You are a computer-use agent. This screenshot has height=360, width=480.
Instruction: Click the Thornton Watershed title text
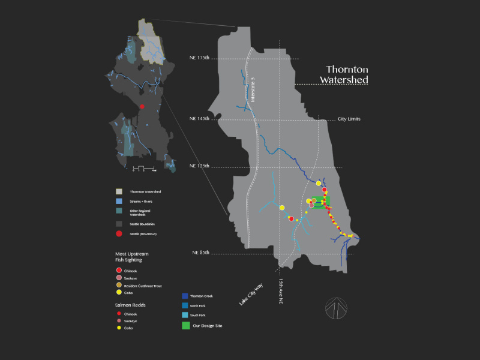pyautogui.click(x=347, y=74)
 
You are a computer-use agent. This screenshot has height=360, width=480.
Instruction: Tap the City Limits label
pyautogui.click(x=349, y=119)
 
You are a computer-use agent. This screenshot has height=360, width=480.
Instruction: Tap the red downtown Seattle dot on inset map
pyautogui.click(x=142, y=106)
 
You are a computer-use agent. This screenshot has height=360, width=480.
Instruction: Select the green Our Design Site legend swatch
pyautogui.click(x=185, y=326)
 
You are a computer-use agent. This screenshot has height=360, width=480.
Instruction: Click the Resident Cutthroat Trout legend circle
pyautogui.click(x=119, y=286)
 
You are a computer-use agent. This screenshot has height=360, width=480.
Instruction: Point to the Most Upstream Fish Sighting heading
pyautogui.click(x=132, y=257)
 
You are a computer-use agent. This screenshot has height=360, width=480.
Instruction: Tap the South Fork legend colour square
pyautogui.click(x=185, y=315)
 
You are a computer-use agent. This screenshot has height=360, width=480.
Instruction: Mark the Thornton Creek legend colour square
pyautogui.click(x=185, y=296)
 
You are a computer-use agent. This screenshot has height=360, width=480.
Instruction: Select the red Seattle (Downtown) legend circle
pyautogui.click(x=119, y=233)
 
